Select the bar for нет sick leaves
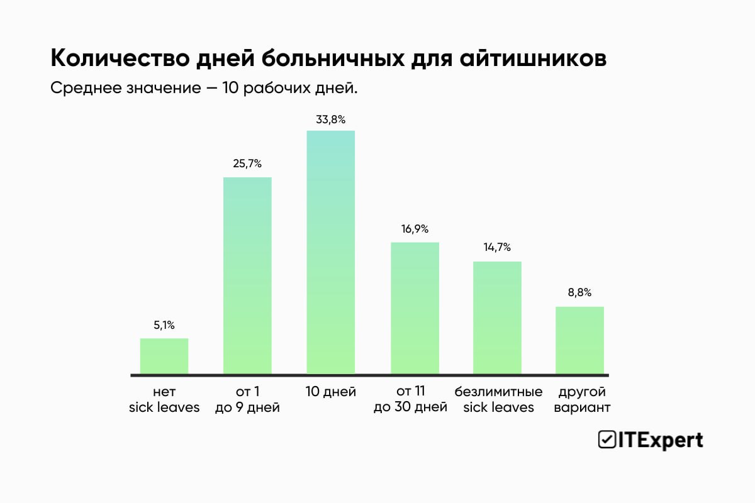pyautogui.click(x=164, y=357)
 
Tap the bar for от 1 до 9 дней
pyautogui.click(x=247, y=276)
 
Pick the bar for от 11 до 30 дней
pyautogui.click(x=415, y=309)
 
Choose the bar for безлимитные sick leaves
pyautogui.click(x=497, y=318)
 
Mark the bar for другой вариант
pyautogui.click(x=579, y=341)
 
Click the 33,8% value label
pyautogui.click(x=331, y=119)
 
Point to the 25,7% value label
pyautogui.click(x=247, y=164)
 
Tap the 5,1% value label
pyautogui.click(x=164, y=325)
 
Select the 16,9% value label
pyautogui.click(x=415, y=229)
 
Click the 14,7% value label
pyautogui.click(x=497, y=248)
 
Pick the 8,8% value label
pyautogui.click(x=579, y=293)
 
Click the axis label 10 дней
pyautogui.click(x=331, y=392)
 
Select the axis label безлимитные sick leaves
pyautogui.click(x=498, y=400)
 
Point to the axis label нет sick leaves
pyautogui.click(x=164, y=400)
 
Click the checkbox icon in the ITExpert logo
pyautogui.click(x=607, y=440)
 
